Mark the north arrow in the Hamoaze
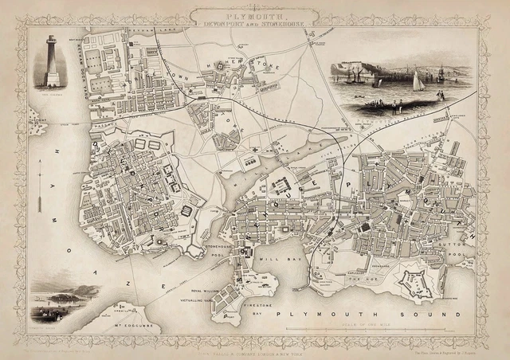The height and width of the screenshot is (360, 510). (x=39, y=195)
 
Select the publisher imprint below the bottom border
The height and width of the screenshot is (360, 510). (x=255, y=348)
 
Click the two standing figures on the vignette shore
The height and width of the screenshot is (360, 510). (x=439, y=96)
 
